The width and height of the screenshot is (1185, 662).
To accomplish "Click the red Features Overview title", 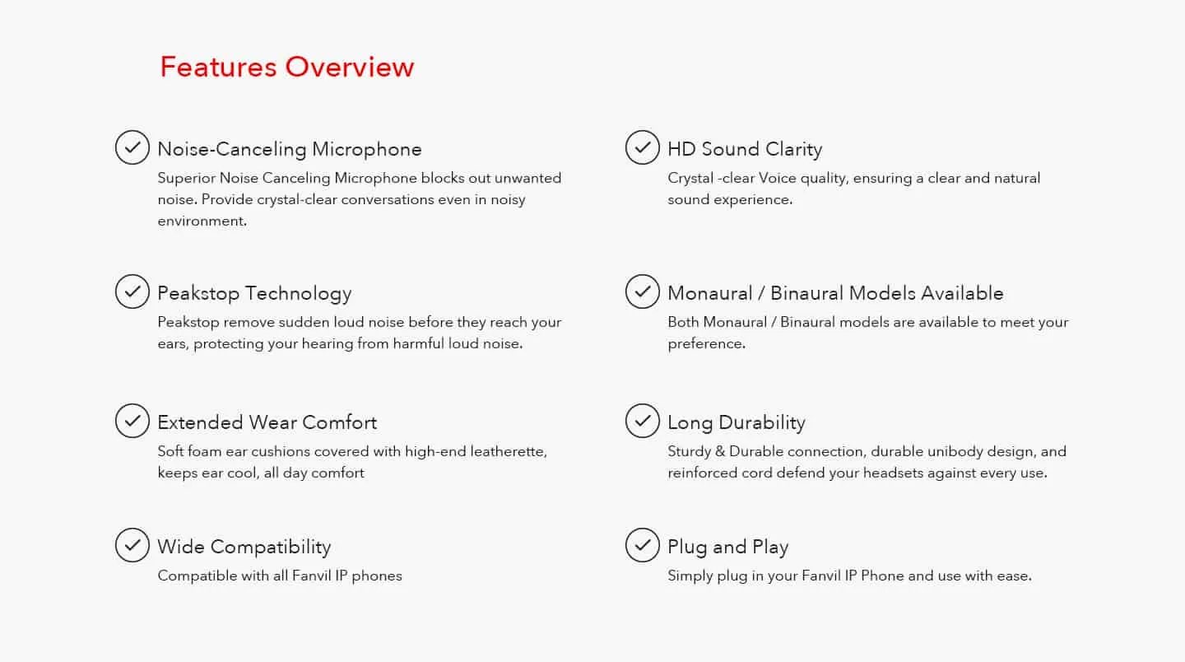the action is tap(286, 67).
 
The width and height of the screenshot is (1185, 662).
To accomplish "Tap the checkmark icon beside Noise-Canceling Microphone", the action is tap(132, 147).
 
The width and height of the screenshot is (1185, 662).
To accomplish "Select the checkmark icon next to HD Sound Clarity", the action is tap(642, 147).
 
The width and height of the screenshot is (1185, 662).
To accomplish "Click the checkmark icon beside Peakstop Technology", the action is tap(132, 291).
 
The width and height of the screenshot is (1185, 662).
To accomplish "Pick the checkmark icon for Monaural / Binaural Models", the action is tap(642, 291).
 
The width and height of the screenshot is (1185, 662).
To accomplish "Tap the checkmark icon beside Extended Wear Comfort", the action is tap(132, 421).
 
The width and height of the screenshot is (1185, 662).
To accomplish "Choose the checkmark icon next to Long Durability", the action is tap(642, 421).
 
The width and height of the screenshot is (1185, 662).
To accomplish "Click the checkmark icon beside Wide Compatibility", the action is tap(132, 545).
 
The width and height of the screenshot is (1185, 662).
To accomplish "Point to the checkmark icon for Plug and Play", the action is tap(642, 545).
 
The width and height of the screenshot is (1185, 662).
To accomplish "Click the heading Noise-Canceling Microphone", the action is tap(290, 150).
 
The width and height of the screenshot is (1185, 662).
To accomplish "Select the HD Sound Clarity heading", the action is tap(745, 150).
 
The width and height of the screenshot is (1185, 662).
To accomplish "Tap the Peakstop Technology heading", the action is tap(254, 294).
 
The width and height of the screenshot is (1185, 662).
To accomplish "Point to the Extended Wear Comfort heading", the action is tap(267, 423).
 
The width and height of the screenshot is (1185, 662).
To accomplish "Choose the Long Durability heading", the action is tap(737, 423).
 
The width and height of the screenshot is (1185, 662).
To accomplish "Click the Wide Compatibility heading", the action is tap(244, 548).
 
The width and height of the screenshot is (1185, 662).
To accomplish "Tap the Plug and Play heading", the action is tap(728, 548).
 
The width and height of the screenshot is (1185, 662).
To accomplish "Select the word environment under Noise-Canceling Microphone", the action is tap(202, 221).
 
